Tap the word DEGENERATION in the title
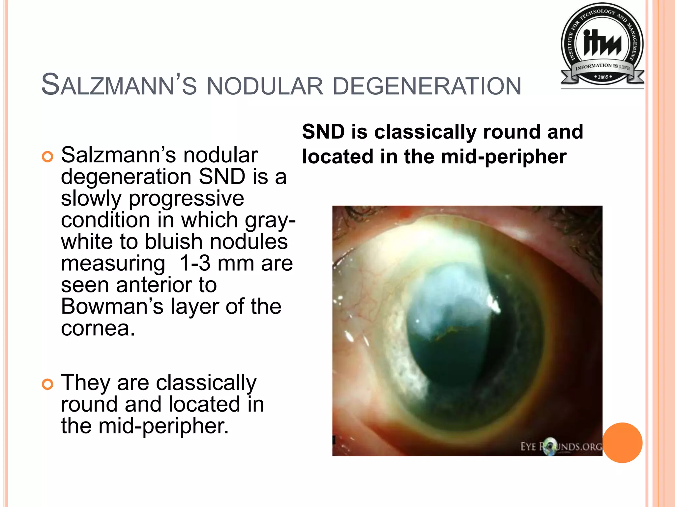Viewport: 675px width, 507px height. point(427,86)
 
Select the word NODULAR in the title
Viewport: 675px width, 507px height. point(265,86)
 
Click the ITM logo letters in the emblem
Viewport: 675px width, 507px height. point(602,43)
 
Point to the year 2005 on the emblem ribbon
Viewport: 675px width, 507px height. point(603,77)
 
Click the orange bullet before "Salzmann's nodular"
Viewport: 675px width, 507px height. point(47,157)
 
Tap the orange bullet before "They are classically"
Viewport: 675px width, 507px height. point(47,384)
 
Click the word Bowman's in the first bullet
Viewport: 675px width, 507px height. point(112,306)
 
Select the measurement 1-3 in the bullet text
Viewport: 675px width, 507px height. point(194,263)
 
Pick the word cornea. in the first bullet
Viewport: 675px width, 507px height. point(98,328)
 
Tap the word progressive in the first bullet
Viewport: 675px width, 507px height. point(186,198)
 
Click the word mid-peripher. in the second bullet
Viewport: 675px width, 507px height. point(163,426)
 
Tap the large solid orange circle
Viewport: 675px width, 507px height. point(622,443)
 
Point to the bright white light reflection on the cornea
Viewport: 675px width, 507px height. point(494,304)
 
